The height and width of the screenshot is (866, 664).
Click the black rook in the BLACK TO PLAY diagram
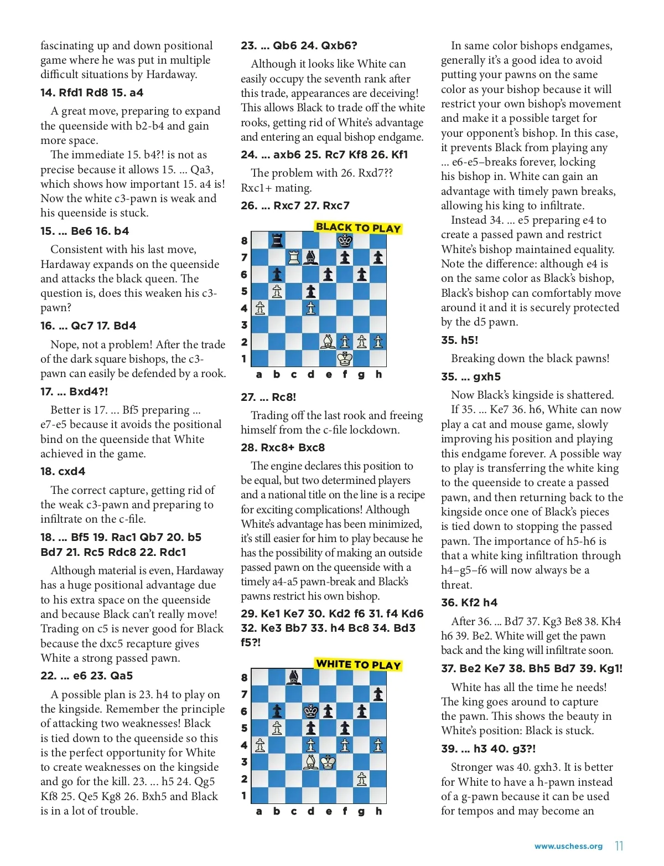click(277, 240)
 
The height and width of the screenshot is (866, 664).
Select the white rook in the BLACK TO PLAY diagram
click(294, 257)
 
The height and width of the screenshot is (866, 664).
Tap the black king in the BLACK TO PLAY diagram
click(345, 240)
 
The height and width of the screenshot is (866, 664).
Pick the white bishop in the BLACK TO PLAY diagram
click(328, 342)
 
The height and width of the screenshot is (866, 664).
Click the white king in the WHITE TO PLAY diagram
click(328, 762)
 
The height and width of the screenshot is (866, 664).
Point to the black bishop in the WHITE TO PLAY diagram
click(294, 677)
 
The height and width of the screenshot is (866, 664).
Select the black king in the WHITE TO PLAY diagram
click(311, 711)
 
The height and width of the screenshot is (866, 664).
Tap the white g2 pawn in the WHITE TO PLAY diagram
click(362, 779)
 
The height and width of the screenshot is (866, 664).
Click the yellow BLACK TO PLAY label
click(358, 228)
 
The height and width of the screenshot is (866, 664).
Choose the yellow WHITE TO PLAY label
click(358, 664)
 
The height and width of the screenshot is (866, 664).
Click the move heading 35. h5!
click(459, 340)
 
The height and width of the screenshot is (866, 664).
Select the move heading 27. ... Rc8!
click(268, 397)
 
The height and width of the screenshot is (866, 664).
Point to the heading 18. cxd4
click(63, 471)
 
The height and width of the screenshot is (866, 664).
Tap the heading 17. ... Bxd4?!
click(74, 391)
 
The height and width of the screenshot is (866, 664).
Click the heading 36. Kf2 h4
click(469, 602)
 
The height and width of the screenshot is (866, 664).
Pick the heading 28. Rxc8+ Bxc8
click(283, 447)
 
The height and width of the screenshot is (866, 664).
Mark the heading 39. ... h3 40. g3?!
click(488, 749)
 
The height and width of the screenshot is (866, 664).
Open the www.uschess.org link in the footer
click(568, 846)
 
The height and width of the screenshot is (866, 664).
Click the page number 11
click(619, 846)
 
